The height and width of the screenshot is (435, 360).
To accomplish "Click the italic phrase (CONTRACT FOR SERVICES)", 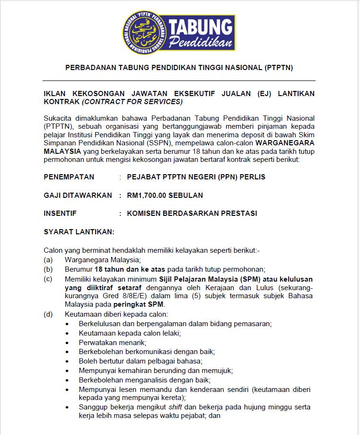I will click(x=132, y=102).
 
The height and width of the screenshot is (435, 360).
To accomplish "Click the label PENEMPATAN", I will click(x=69, y=177).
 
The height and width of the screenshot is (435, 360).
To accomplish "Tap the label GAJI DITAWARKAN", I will click(x=78, y=195).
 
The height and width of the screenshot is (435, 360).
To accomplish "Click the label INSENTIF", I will click(x=60, y=213).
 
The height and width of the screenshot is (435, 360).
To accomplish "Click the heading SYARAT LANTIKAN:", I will click(x=79, y=231).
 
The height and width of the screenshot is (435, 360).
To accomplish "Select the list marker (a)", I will click(x=48, y=260).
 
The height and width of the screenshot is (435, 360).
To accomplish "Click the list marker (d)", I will click(x=48, y=314).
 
